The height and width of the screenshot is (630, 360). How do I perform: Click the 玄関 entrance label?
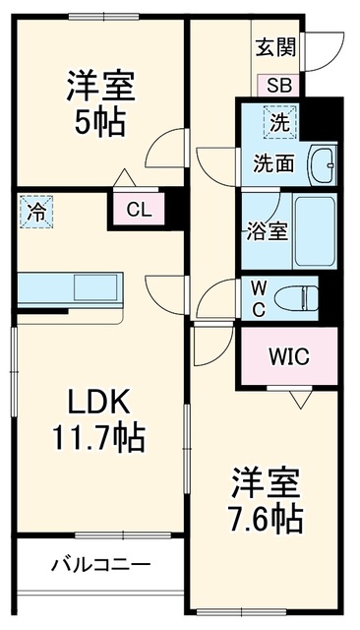point(276,47)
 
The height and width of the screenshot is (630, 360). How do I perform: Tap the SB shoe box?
point(279,86)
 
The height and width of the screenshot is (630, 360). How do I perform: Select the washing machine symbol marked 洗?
point(279,122)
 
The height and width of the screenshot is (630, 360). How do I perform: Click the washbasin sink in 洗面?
point(322,164)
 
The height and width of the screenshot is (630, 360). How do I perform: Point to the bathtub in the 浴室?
point(315,231)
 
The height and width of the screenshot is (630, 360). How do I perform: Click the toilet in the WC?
point(296,298)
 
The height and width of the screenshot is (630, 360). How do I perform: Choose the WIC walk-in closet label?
point(289,356)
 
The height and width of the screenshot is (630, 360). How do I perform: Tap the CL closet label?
point(139,210)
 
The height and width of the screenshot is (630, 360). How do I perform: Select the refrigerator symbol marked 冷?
point(36,212)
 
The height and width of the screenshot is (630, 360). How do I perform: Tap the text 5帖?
point(99,122)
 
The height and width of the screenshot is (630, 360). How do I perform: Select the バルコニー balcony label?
point(100,565)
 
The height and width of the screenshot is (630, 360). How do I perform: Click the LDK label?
point(98,402)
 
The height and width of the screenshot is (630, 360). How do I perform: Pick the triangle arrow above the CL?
point(124,177)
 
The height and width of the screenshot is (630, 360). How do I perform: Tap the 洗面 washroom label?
point(272,164)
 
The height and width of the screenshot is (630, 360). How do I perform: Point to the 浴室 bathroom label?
point(267,231)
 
